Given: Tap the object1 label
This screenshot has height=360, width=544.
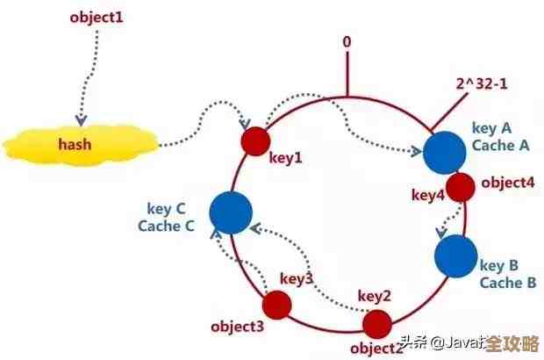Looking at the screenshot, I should coord(97,17).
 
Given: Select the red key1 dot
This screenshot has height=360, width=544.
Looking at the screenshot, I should coord(255,139).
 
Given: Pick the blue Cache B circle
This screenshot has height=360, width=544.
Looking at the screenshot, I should coord(455,255).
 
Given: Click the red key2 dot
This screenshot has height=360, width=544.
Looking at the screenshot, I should coord(377,323).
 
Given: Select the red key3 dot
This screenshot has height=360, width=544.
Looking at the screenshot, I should coord(279,304).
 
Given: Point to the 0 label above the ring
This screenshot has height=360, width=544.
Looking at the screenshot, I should coord(347,42).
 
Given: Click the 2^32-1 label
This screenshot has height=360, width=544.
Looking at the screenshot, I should coord(481,84).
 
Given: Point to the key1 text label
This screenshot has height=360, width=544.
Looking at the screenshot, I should coord(285,157).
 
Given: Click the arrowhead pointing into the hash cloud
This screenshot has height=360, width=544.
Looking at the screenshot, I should coord(81,119).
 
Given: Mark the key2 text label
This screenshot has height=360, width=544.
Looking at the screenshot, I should coord(375,296).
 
